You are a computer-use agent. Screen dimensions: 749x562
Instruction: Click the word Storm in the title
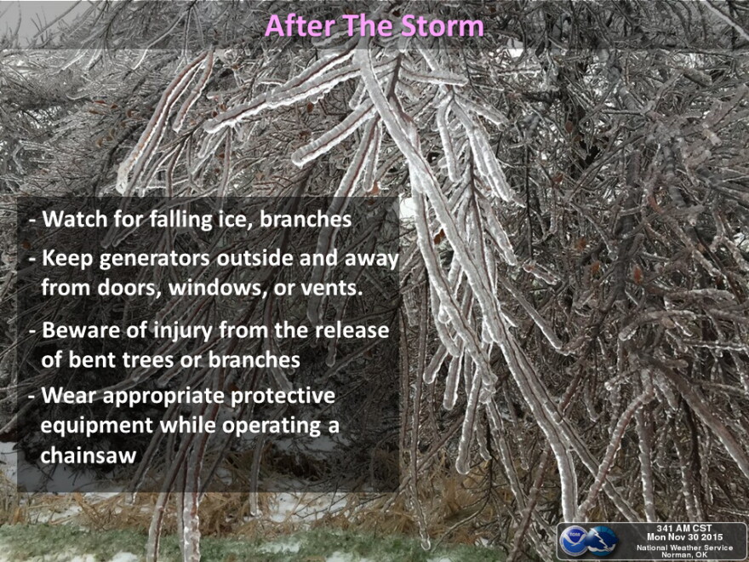pos(443,26)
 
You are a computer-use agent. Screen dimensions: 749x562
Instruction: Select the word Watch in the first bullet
pos(76,219)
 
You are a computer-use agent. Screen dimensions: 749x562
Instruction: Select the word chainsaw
pos(89,455)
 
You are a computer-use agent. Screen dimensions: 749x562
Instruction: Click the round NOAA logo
pos(573,541)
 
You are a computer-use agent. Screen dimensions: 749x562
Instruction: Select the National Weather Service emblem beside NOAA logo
pos(603,541)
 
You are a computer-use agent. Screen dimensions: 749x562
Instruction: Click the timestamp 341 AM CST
pos(684,529)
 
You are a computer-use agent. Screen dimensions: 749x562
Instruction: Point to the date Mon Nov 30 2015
pos(685,537)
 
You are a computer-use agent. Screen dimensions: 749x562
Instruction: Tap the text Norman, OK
pos(684,555)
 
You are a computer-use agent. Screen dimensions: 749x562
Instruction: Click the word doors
pos(129,288)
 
